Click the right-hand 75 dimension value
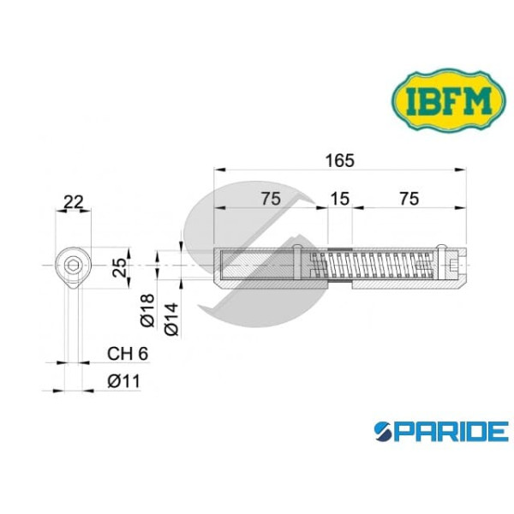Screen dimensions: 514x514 click(x=409, y=199)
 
